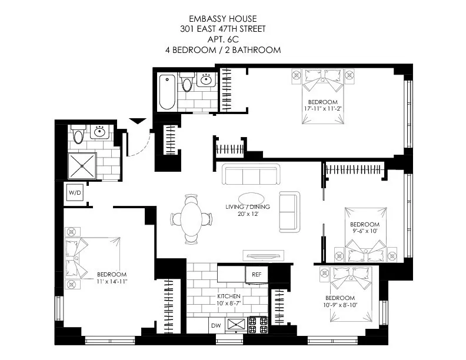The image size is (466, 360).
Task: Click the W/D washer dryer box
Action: coord(75,192)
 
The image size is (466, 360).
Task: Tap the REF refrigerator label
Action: coord(257,274)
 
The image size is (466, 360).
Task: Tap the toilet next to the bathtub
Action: coord(187,83)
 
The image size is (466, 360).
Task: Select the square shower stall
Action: coord(81,166)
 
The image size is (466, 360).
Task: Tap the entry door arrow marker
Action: coord(137,121)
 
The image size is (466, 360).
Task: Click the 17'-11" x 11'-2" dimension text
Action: coord(321,108)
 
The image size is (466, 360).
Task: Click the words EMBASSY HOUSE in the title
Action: coord(223,19)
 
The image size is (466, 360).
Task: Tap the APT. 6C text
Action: coord(223,40)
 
